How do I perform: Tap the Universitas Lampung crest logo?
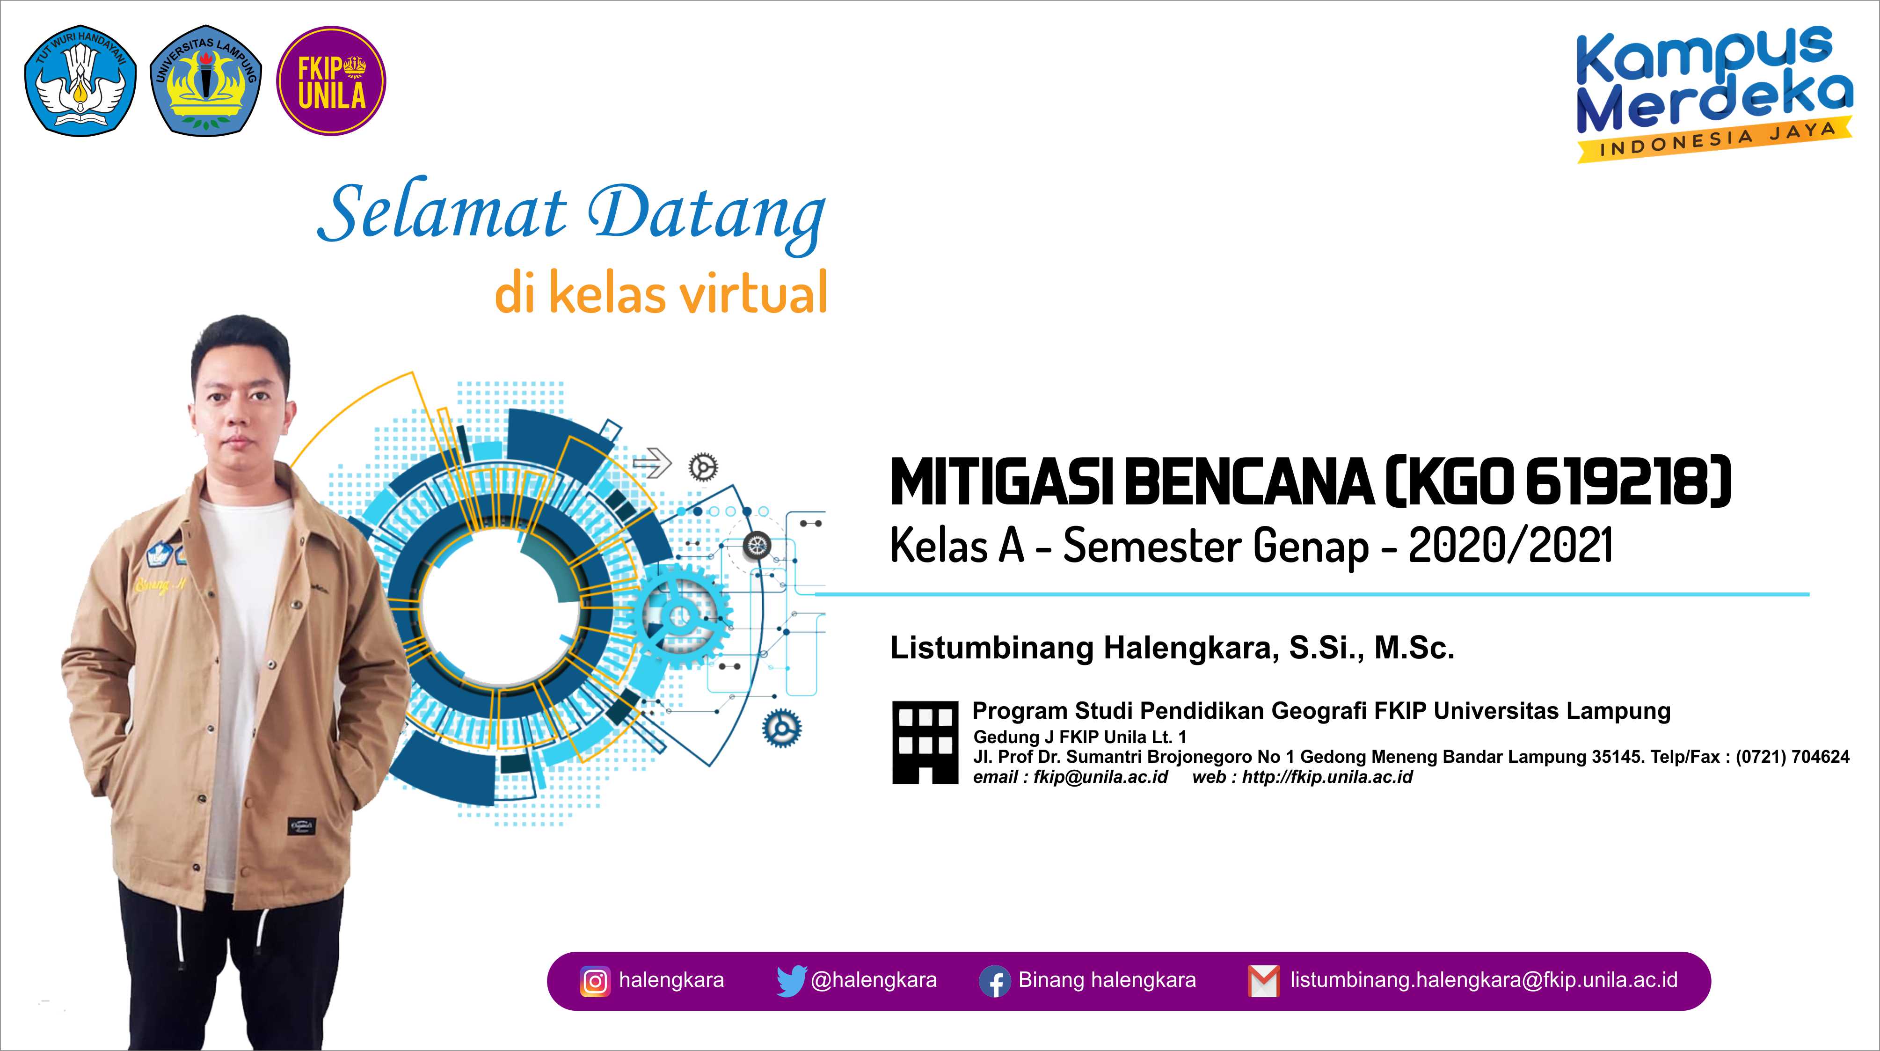pos(205,82)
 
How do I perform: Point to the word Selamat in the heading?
pos(442,214)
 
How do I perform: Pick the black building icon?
pos(925,742)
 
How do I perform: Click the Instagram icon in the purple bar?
pos(595,981)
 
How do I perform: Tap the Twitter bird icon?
pos(791,981)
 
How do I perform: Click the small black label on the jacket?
pos(301,827)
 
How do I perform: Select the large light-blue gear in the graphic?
pos(682,614)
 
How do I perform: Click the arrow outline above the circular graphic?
pos(652,462)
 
